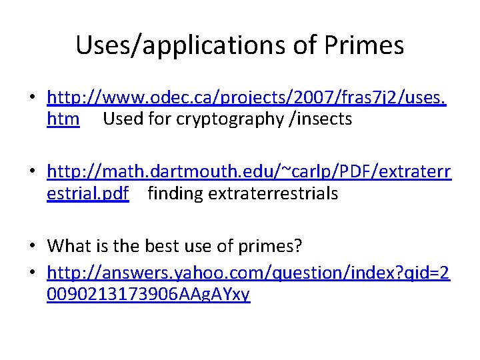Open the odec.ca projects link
pyautogui.click(x=247, y=99)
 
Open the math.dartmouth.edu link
pyautogui.click(x=249, y=173)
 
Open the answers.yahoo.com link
pyautogui.click(x=248, y=273)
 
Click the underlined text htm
pyautogui.click(x=63, y=119)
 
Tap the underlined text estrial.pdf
pyautogui.click(x=88, y=193)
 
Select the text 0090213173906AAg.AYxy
pyautogui.click(x=148, y=294)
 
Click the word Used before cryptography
pyautogui.click(x=125, y=119)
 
